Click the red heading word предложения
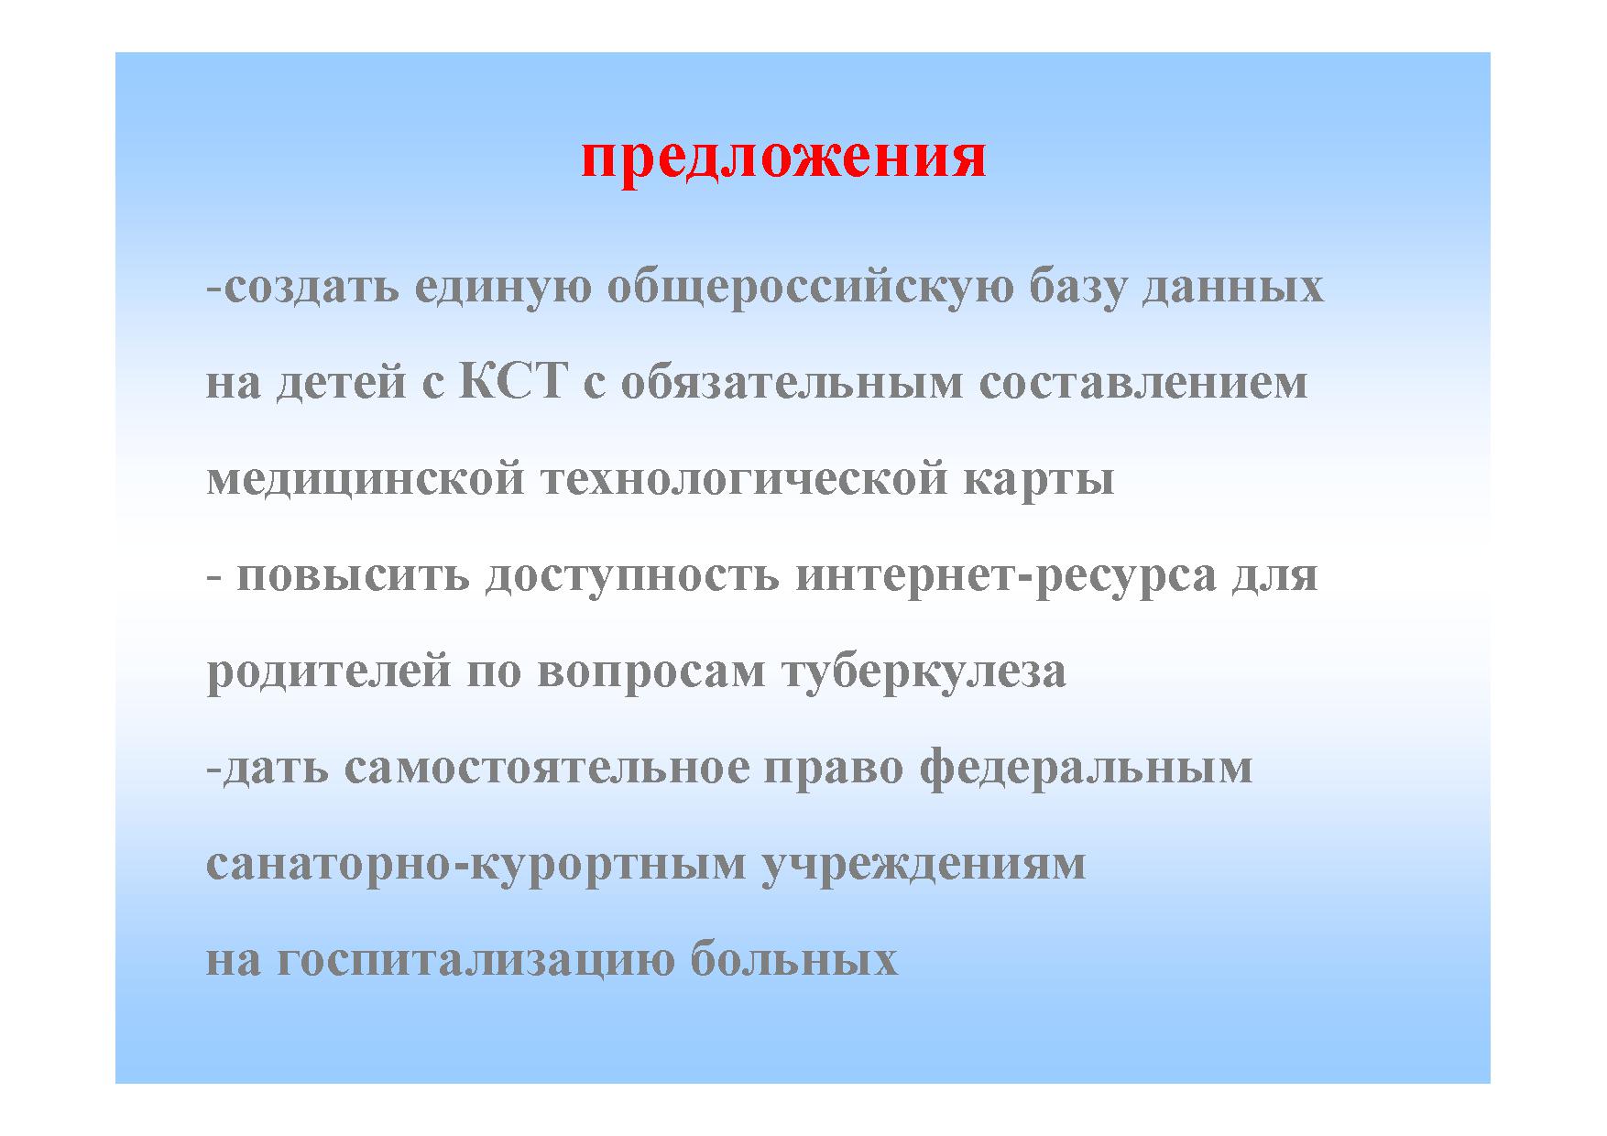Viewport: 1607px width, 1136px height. click(x=783, y=158)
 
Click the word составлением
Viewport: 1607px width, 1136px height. click(x=1143, y=384)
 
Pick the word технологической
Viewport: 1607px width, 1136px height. click(x=744, y=479)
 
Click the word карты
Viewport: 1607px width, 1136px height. click(x=1038, y=481)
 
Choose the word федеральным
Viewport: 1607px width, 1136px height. click(x=1086, y=768)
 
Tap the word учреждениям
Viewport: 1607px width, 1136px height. click(x=924, y=864)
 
